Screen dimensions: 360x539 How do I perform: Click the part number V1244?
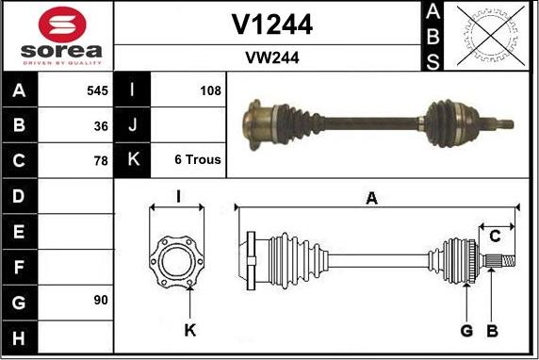(x=271, y=25)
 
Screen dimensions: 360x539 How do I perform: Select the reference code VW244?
(x=271, y=57)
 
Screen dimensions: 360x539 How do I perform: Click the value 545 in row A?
(x=96, y=91)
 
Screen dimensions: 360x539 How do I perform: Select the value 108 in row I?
(x=210, y=91)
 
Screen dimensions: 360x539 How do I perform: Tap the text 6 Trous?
(x=198, y=160)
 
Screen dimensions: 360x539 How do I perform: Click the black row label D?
(x=19, y=196)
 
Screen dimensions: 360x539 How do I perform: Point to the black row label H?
(x=19, y=336)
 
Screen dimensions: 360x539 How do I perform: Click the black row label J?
(x=132, y=125)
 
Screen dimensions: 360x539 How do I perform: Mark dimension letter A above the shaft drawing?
(x=371, y=198)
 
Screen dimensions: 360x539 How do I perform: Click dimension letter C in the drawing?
(x=494, y=236)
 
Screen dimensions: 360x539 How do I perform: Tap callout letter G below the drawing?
(x=465, y=330)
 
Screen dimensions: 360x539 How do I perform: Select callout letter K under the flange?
(x=190, y=330)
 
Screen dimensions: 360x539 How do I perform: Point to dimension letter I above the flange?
(x=177, y=197)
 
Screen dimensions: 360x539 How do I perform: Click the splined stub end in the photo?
(x=503, y=123)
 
